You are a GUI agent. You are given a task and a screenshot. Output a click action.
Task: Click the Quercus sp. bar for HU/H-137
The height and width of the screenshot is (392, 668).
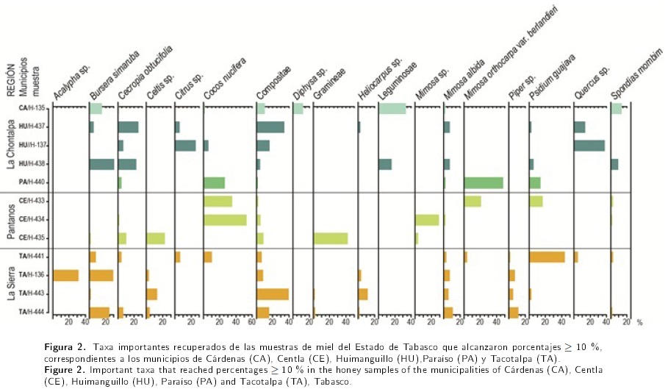coord(589,146)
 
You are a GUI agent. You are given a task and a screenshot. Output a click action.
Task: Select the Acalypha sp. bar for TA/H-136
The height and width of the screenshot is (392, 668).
coord(65,275)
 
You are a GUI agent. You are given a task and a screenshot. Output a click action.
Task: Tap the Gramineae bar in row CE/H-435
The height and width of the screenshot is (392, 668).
coord(330,238)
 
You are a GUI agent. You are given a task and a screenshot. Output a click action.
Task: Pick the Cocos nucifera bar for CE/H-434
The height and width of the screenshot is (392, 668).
coord(225,219)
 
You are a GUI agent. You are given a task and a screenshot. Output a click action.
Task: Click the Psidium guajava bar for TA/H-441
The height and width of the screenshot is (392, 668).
coord(547,257)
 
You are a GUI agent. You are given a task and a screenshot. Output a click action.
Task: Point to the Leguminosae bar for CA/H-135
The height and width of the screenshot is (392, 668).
coord(392,109)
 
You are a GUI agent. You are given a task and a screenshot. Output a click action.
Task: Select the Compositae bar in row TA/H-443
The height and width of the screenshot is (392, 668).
coord(272,293)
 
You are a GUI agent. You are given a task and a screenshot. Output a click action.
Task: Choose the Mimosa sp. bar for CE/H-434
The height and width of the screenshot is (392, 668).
coord(426,219)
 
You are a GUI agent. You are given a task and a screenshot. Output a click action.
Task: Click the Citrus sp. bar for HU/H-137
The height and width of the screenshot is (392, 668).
coord(185,146)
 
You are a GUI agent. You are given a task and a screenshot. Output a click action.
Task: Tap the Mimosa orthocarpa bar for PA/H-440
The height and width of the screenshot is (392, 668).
coord(484,182)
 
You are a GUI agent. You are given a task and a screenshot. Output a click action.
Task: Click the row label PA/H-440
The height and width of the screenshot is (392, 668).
coord(32,182)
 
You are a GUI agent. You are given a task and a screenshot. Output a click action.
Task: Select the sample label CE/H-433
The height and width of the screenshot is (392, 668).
coord(32,201)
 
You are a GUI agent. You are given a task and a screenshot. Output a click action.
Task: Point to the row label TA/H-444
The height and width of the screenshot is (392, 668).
coord(32,312)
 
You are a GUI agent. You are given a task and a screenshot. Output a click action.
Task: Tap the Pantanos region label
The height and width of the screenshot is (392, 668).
coord(11,219)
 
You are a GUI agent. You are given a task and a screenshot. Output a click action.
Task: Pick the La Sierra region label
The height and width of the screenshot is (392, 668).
coord(11,285)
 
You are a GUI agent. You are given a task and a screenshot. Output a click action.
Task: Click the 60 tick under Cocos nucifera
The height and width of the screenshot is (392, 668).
coord(252,322)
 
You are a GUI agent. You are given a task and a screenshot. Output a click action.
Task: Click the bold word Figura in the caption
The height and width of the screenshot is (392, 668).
coord(58,346)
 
